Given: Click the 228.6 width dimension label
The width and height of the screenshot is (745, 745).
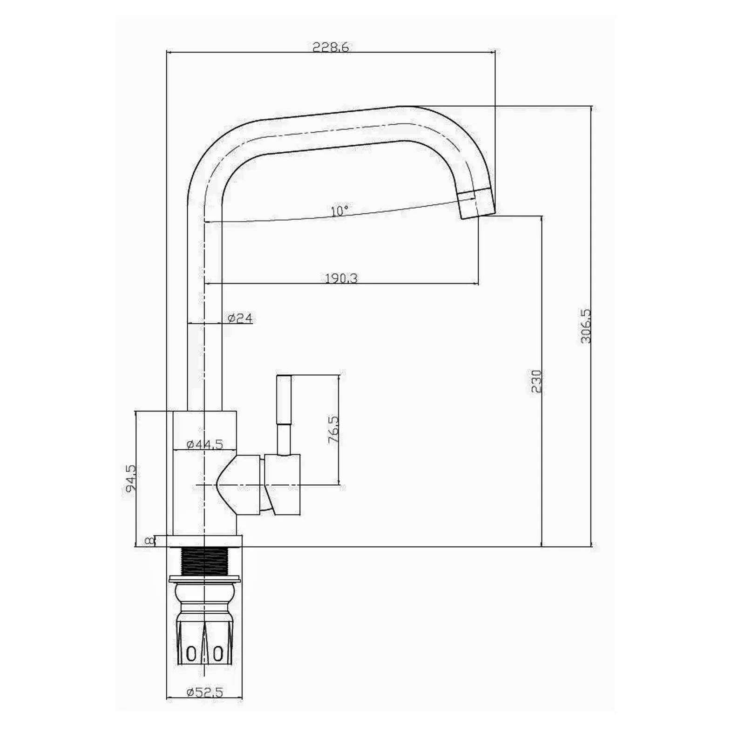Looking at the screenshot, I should click(x=331, y=47).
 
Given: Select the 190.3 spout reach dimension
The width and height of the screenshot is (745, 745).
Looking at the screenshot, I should click(x=341, y=278).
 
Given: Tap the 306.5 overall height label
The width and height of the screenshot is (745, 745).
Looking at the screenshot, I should click(x=585, y=326).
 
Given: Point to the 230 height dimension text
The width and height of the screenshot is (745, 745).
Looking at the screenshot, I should click(x=536, y=382).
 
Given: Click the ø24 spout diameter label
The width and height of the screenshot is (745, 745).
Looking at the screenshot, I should click(x=240, y=318).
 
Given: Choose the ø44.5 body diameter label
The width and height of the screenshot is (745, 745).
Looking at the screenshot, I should click(x=205, y=444).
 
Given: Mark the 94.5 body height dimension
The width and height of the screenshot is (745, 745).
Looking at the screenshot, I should click(x=130, y=478).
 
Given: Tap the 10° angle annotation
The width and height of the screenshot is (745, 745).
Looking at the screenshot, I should click(x=339, y=211).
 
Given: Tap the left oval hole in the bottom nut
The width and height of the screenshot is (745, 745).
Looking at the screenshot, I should click(x=191, y=654).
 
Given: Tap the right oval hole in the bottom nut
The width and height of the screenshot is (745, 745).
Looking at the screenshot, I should click(x=218, y=654).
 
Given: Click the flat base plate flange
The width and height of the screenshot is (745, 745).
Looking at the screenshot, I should click(x=205, y=541).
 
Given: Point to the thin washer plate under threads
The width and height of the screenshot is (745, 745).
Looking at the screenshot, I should click(x=205, y=579).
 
